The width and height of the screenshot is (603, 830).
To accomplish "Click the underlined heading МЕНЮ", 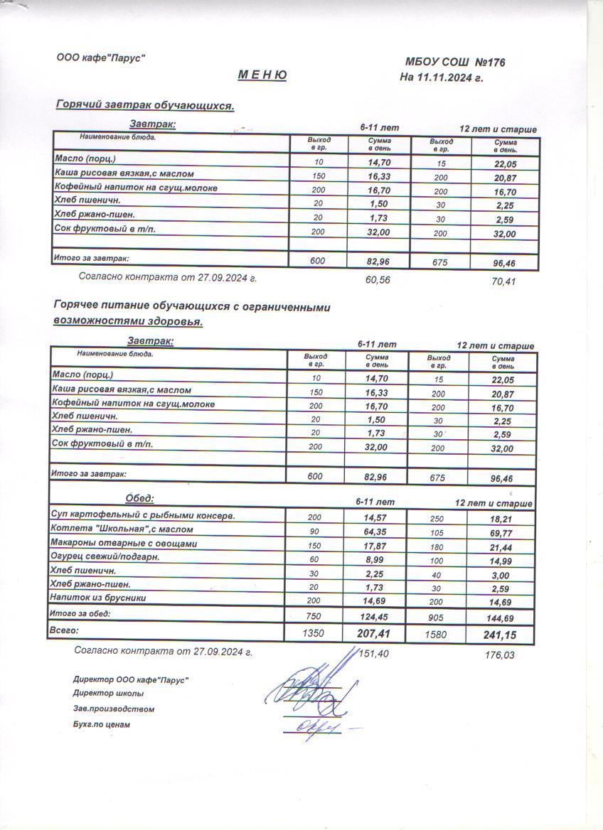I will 262,75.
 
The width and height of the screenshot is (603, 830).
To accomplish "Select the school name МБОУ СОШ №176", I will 455,63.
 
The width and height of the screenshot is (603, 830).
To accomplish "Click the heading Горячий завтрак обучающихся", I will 145,106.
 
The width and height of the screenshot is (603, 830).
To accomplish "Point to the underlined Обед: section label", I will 139,498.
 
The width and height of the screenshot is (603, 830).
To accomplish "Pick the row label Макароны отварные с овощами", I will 123,544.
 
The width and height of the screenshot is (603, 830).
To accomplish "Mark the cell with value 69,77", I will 498,532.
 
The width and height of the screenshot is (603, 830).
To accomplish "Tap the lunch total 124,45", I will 374,615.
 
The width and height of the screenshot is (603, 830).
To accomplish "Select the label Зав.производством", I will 113,708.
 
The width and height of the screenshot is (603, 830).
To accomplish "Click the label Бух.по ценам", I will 102,725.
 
